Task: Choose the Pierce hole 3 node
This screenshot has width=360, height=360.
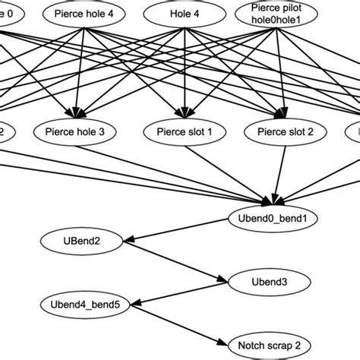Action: pos(75,131)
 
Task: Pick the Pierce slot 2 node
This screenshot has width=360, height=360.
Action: pos(279,131)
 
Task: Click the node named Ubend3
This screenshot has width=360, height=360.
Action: pos(270,282)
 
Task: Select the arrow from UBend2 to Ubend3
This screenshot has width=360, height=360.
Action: pos(175,261)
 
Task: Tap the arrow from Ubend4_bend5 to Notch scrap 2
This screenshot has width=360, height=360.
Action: pos(175,324)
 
